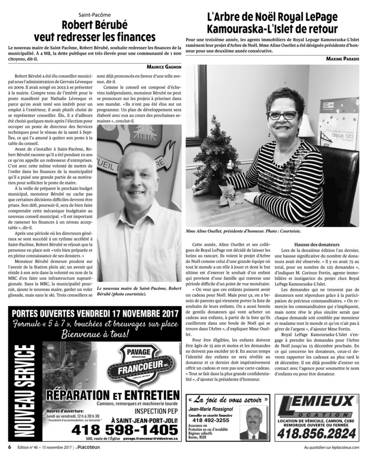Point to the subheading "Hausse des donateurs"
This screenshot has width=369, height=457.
317,245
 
